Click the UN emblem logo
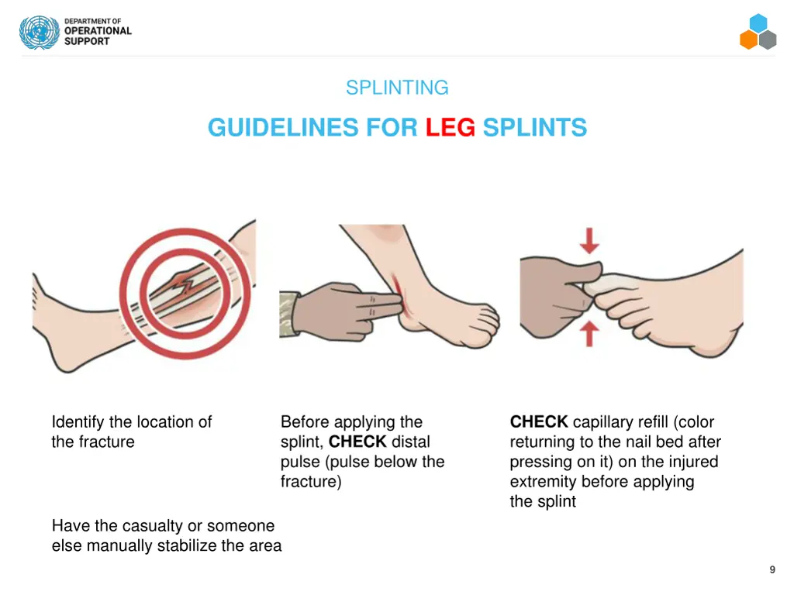tap(40, 32)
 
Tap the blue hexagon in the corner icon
tap(758, 22)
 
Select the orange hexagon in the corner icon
tap(748, 40)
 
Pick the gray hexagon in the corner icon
tap(768, 40)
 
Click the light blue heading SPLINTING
tap(397, 88)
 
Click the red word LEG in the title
tap(451, 127)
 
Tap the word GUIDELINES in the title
tap(283, 127)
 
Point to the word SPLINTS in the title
tap(535, 127)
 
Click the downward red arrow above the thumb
tap(589, 240)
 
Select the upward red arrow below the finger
tap(589, 334)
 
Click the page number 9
tap(772, 569)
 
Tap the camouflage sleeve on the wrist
tap(287, 315)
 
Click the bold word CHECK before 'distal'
tap(357, 442)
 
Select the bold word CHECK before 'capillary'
tap(539, 421)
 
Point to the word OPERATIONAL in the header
tap(98, 31)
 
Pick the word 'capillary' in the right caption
tap(620, 422)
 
